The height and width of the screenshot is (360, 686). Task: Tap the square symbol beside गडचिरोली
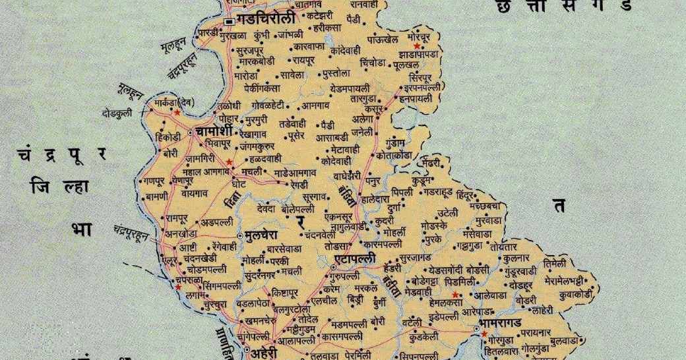click(228, 22)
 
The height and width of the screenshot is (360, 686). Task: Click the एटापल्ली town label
click(355, 258)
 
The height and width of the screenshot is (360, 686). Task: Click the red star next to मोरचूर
click(416, 47)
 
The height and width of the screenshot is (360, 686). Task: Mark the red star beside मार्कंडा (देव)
click(177, 113)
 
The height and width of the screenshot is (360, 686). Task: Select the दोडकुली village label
click(117, 113)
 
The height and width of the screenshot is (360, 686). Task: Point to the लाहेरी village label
click(543, 310)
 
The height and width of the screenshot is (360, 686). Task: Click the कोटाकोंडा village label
click(394, 156)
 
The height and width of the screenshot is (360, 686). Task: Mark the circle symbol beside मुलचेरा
click(239, 235)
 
